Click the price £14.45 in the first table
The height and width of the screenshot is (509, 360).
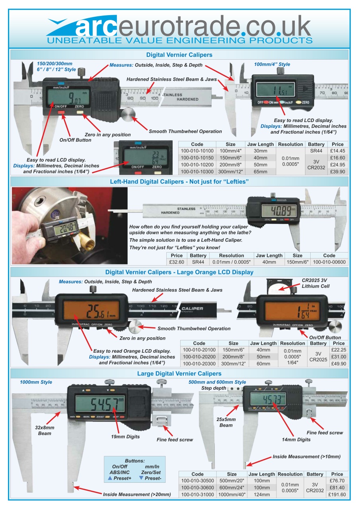[337, 151]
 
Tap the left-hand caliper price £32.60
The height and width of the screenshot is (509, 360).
[177, 262]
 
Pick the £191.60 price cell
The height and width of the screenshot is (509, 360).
[337, 495]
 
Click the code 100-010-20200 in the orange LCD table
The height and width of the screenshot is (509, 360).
[199, 357]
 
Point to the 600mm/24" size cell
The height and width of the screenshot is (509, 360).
[232, 488]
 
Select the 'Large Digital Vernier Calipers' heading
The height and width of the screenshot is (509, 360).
[179, 374]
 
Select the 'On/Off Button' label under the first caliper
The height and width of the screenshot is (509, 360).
[75, 140]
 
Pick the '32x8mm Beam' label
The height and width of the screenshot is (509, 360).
[44, 430]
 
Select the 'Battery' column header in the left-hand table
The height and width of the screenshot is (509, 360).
[198, 255]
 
